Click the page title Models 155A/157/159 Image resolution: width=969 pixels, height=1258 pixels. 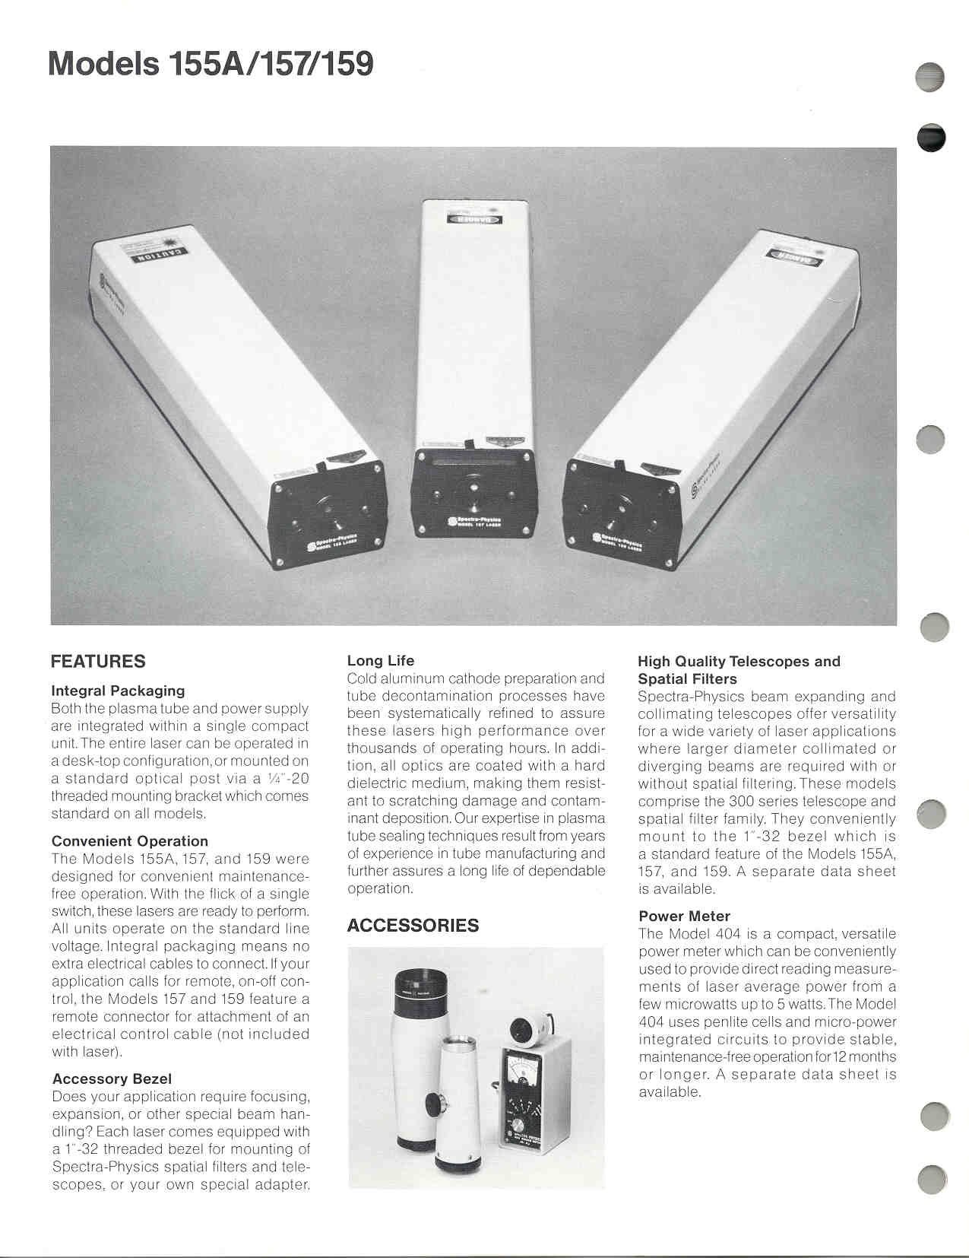coord(211,64)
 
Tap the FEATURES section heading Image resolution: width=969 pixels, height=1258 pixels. coord(98,662)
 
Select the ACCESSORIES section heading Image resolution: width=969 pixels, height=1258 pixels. coord(413,926)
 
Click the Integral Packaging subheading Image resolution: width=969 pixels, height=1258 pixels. coord(118,691)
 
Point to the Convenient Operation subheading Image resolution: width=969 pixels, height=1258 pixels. coord(129,841)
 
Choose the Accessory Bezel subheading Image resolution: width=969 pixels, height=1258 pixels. coord(112,1079)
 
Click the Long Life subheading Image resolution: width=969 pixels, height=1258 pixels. coord(381,660)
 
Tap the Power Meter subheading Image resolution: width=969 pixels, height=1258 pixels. coord(684,916)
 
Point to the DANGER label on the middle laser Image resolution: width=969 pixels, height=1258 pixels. coord(472,221)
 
